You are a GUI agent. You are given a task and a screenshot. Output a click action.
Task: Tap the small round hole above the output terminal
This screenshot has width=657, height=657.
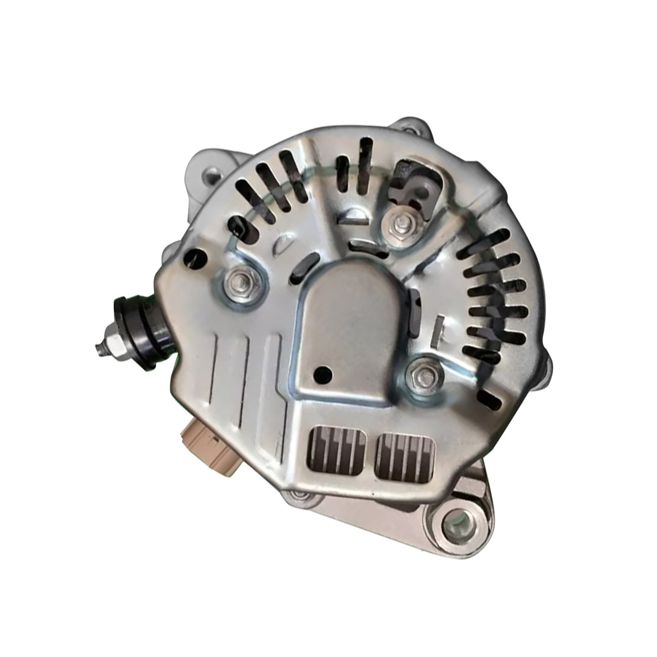pyautogui.click(x=192, y=258)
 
